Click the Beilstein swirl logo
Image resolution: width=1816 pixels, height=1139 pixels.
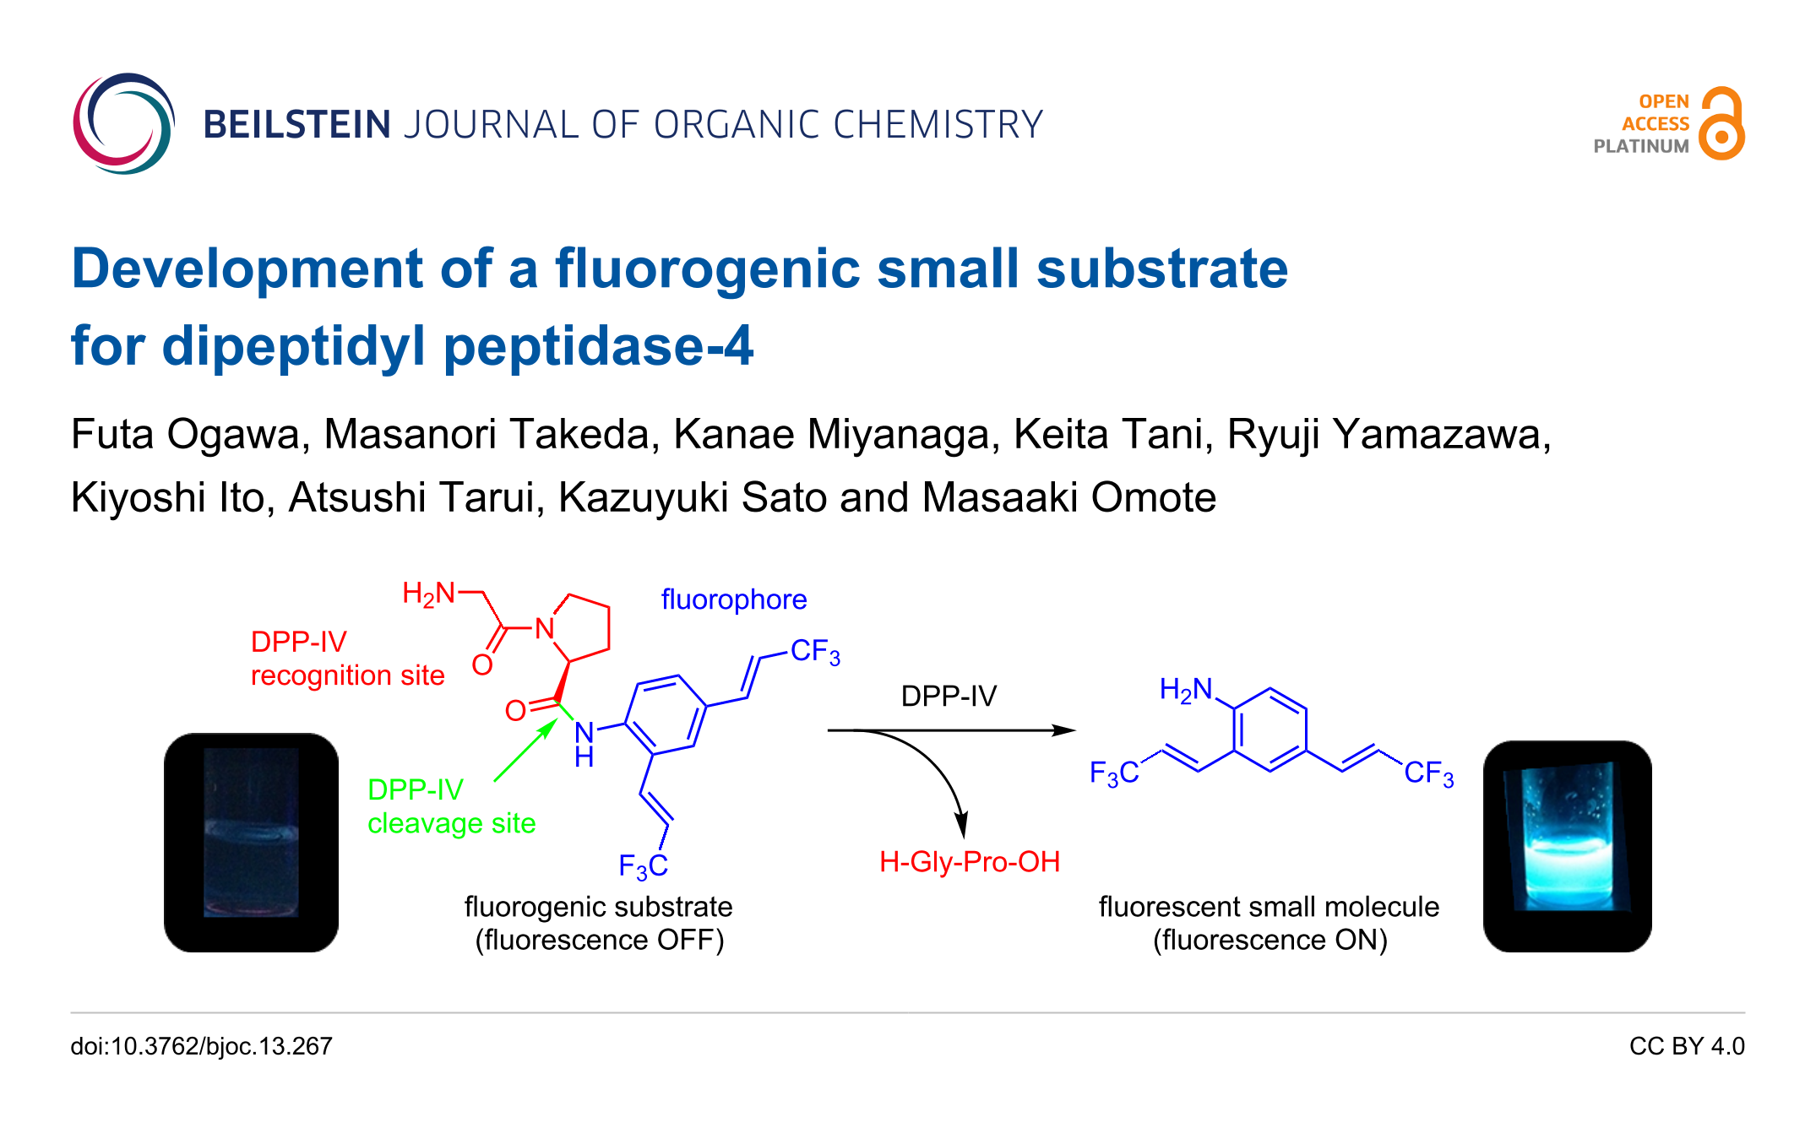123,124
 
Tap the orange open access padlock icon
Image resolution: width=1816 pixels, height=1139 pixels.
1721,124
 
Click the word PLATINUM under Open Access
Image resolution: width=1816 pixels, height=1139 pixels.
1640,146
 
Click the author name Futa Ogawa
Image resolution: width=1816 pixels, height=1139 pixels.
184,435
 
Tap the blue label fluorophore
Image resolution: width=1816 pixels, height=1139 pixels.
733,599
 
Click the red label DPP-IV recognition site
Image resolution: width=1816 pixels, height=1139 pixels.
347,659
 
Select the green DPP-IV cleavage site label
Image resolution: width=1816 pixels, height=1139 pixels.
451,806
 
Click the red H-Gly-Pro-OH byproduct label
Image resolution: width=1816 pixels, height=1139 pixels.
969,862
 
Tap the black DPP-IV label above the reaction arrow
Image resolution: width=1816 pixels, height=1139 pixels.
949,697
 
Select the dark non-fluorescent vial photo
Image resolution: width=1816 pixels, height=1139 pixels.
251,842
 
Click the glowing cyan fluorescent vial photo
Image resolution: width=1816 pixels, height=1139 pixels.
1567,845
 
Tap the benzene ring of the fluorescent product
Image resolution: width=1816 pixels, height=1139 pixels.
1270,730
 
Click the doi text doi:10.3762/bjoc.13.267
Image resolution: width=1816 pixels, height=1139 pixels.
201,1047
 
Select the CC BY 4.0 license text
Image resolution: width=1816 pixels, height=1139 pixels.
1686,1047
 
